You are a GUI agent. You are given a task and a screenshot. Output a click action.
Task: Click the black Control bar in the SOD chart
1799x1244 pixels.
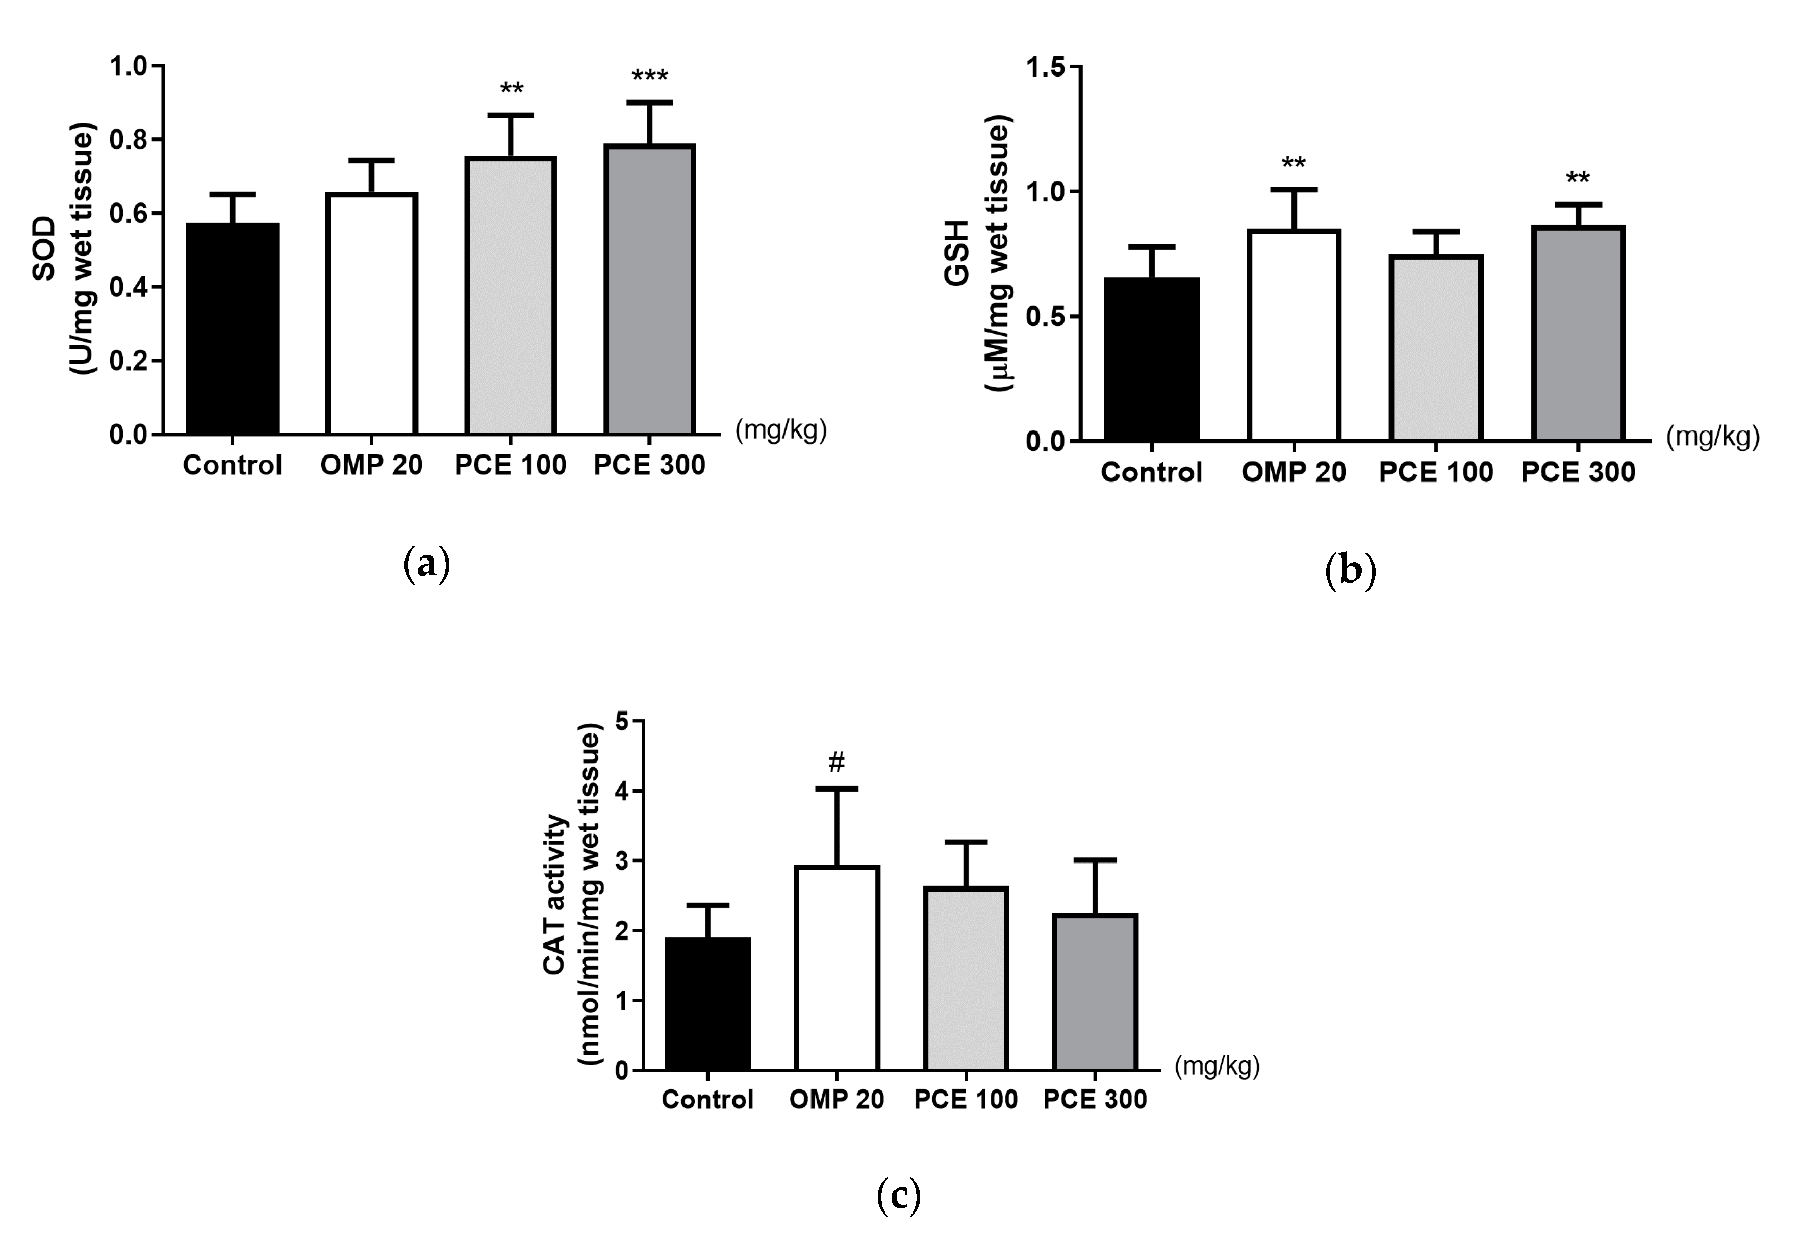pos(232,328)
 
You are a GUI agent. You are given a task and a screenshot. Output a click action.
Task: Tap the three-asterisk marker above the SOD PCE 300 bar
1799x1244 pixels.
pos(649,77)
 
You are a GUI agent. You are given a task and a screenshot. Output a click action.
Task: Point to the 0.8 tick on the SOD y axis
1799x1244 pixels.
pos(128,140)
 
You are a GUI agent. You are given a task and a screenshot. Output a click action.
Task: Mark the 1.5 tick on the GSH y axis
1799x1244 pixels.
pos(1045,67)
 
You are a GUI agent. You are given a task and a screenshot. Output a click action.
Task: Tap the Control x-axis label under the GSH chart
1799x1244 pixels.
pos(1151,472)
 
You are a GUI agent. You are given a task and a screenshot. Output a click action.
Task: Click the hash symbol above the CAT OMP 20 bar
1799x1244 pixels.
pos(837,763)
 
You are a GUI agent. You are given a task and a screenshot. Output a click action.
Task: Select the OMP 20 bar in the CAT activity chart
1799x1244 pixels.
pos(837,967)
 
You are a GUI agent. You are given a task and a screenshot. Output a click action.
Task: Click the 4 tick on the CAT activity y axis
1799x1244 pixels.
pos(622,791)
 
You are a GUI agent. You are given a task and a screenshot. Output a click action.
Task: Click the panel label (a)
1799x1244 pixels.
pos(427,563)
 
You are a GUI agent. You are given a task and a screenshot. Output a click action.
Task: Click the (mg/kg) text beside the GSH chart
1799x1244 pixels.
pos(1712,437)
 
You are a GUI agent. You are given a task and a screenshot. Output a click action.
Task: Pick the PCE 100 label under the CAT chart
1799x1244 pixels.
pos(966,1099)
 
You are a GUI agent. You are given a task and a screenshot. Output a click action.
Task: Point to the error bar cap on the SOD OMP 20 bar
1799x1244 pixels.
pos(371,161)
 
